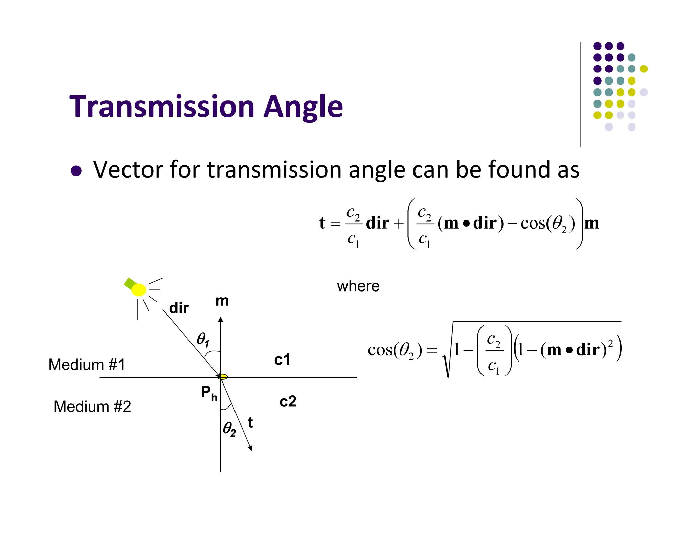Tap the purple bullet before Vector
76,171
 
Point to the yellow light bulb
138,290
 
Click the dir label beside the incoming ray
179,308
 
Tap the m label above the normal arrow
222,301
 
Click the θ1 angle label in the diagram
203,339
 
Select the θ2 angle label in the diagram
229,429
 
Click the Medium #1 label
87,365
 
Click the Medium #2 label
92,406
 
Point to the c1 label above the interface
282,359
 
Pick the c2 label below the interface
288,401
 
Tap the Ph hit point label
208,393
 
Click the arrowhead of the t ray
250,448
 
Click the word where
358,286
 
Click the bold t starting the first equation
322,223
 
